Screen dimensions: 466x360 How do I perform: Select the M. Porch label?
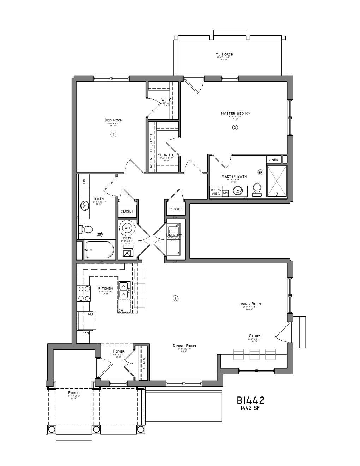[x=224, y=54]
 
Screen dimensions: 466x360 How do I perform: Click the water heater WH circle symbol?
[x=127, y=228]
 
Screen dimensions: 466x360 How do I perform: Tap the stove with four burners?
[x=84, y=293]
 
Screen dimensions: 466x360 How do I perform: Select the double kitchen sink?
[x=124, y=290]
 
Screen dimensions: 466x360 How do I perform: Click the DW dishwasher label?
[x=121, y=311]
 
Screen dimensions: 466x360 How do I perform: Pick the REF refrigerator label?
[x=91, y=314]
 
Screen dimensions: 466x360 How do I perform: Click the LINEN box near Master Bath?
[x=274, y=160]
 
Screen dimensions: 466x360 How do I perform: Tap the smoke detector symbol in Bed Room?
[x=113, y=134]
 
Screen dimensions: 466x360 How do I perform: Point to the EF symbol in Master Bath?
[x=260, y=173]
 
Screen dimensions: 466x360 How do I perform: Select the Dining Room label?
[x=184, y=346]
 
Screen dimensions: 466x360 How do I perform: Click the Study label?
[x=254, y=336]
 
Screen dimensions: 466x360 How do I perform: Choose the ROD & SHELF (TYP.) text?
[x=151, y=151]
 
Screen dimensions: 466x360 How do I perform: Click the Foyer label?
[x=119, y=351]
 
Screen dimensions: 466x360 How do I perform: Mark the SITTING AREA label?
[x=216, y=191]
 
